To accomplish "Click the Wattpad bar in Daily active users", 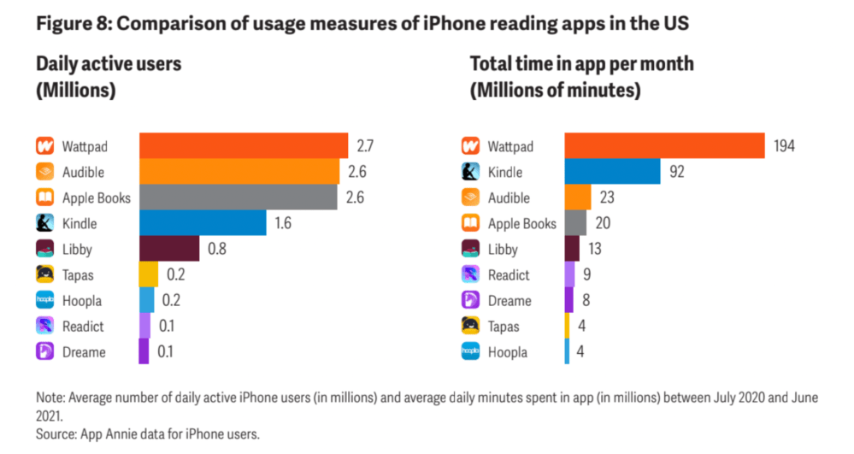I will [243, 146].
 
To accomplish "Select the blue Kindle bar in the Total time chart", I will [612, 172].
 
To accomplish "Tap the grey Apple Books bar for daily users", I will [239, 198].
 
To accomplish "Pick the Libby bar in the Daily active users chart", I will [168, 249].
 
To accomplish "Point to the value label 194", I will [784, 146].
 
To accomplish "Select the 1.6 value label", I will [284, 223].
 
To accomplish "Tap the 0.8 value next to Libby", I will [216, 249].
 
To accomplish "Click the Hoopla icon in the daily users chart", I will [45, 300].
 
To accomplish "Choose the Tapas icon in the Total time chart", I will [470, 326].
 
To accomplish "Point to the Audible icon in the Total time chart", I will [470, 198].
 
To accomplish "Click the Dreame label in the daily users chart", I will [84, 351].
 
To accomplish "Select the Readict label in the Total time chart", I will [509, 274].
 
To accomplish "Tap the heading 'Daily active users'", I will [109, 64].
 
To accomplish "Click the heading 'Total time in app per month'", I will [582, 64].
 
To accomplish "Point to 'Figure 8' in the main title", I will [71, 23].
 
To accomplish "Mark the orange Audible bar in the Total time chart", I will [578, 198].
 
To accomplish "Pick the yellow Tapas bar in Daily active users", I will [149, 274].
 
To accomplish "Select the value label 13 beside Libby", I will [595, 249].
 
